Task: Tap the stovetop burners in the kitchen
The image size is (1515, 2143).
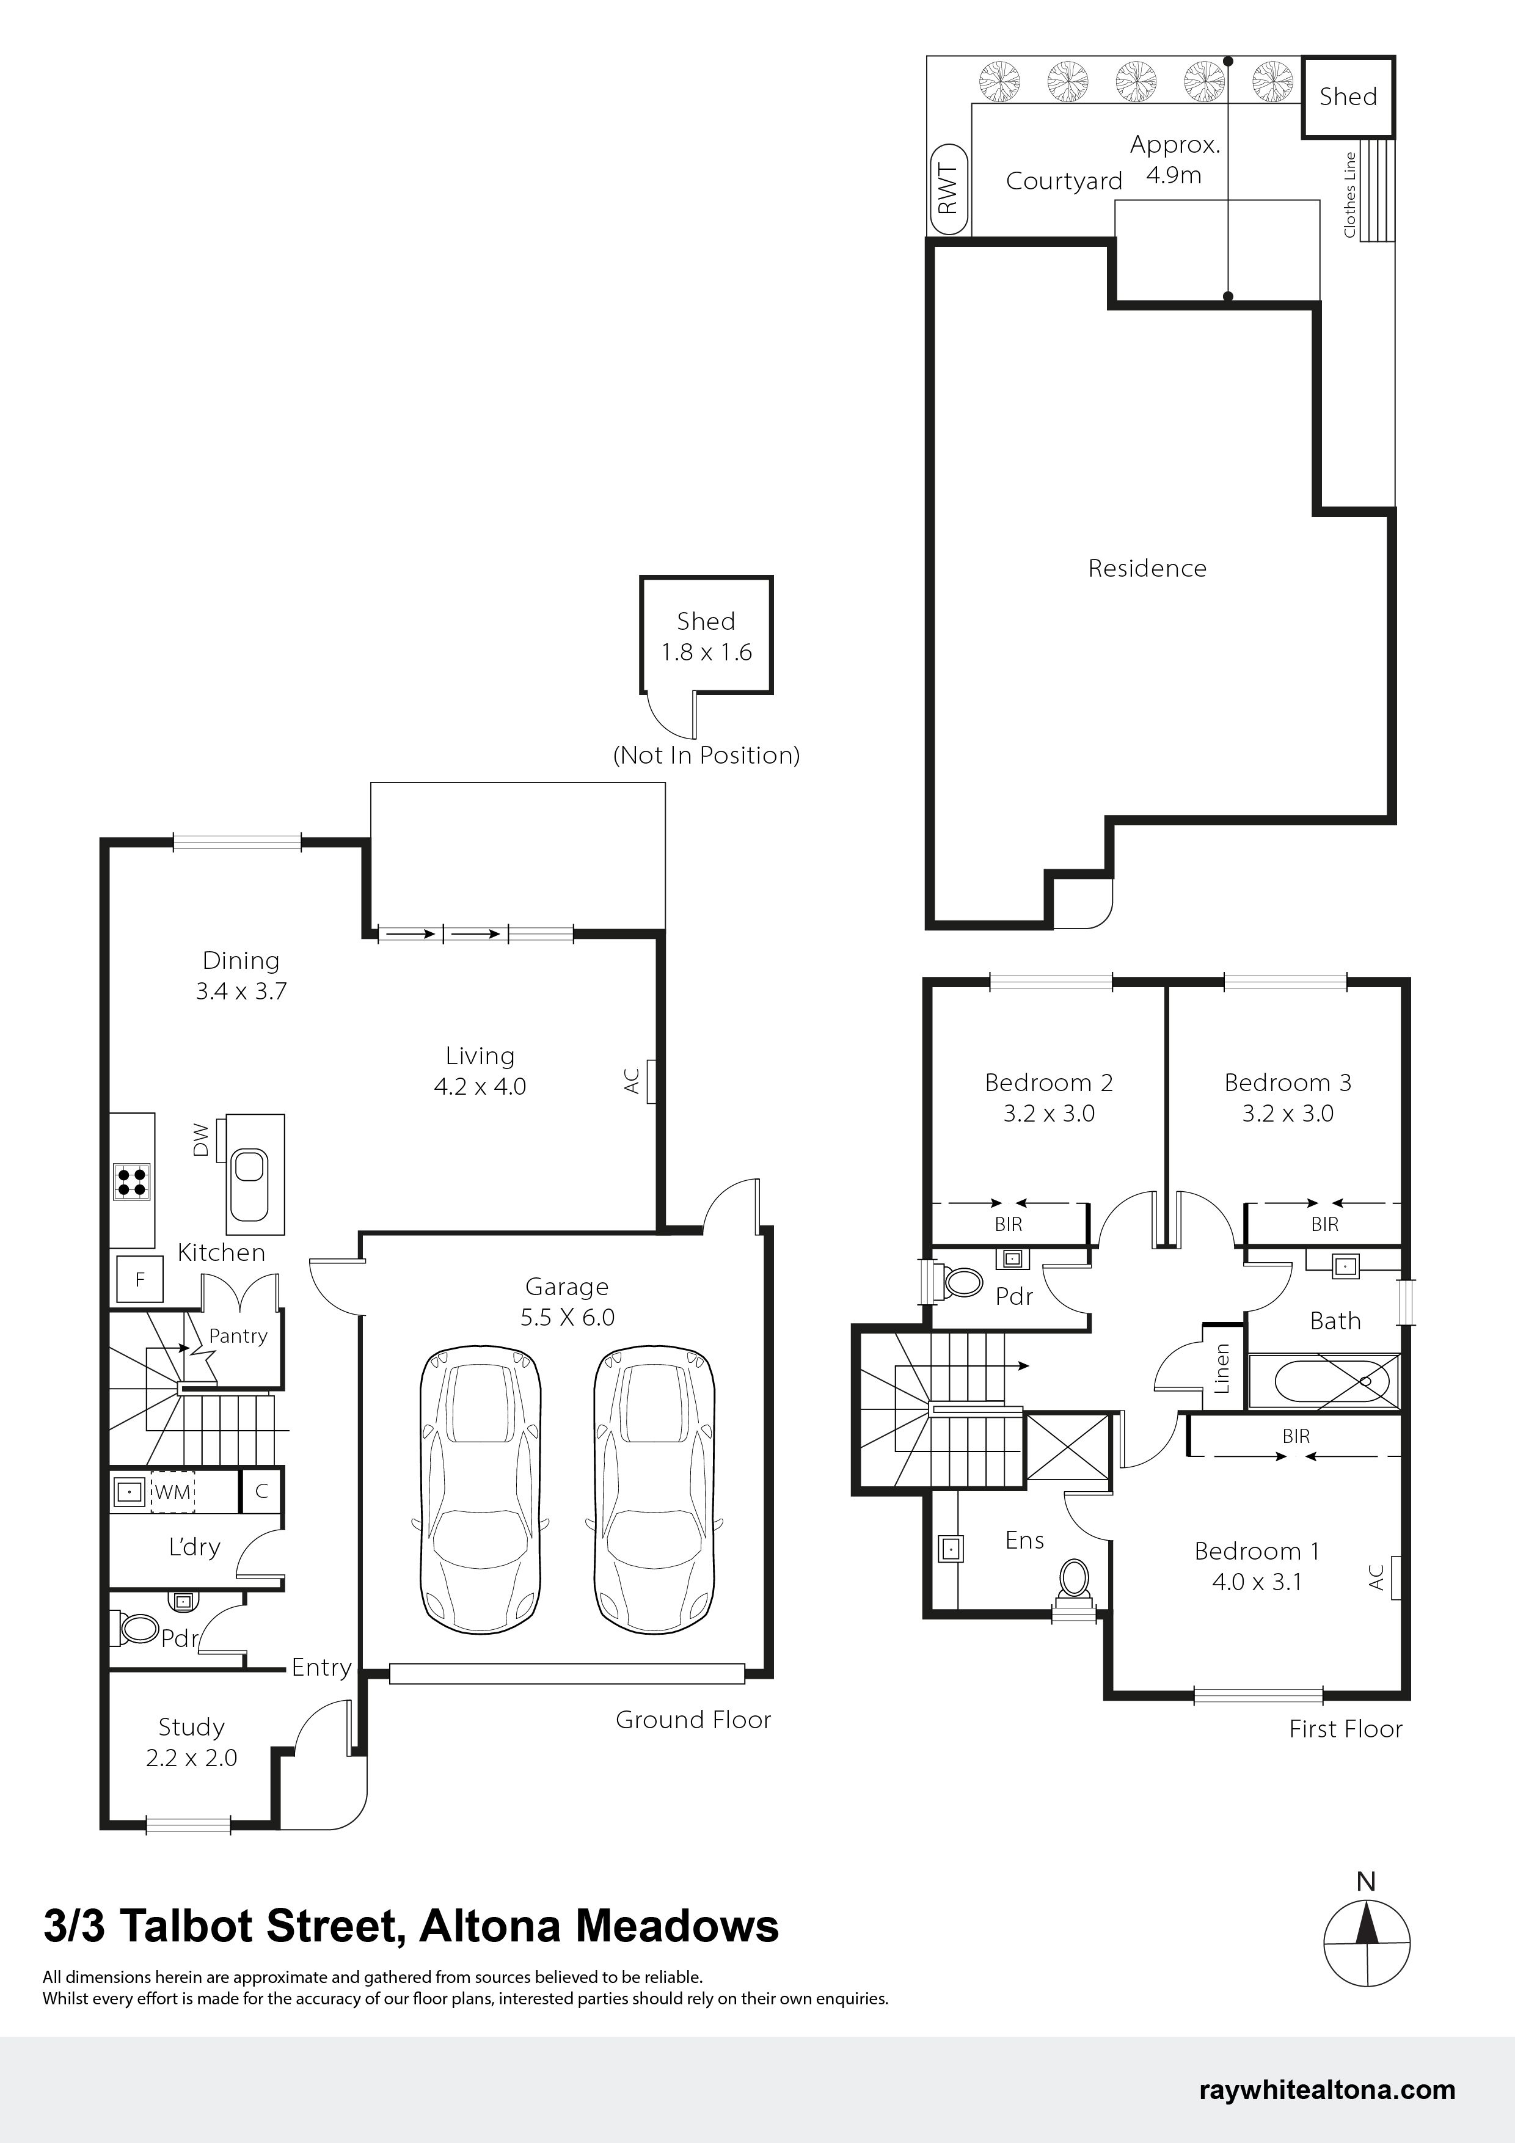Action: point(131,1181)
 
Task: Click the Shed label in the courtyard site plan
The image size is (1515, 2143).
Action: point(1348,96)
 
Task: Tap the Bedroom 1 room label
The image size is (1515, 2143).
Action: point(1257,1551)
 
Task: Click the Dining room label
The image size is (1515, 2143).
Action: point(241,960)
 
